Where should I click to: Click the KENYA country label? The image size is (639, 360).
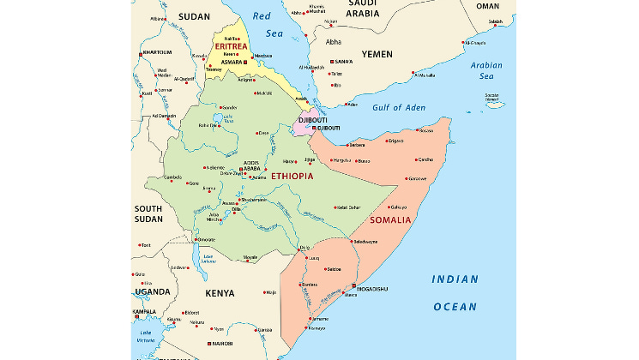pyautogui.click(x=220, y=293)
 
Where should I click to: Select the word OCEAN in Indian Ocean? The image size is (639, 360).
pyautogui.click(x=455, y=306)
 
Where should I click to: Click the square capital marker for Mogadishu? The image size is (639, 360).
pyautogui.click(x=353, y=286)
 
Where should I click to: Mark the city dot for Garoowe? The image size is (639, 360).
pyautogui.click(x=407, y=178)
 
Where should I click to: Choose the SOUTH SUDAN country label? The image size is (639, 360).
pyautogui.click(x=148, y=213)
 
